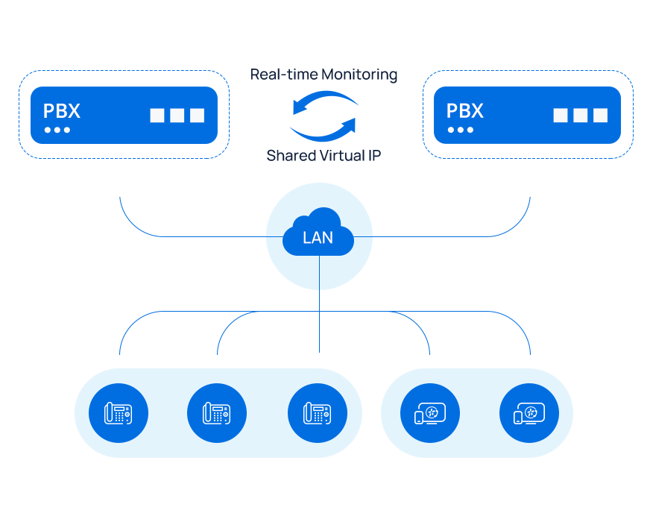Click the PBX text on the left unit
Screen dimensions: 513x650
[61, 111]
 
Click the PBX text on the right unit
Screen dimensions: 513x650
[464, 111]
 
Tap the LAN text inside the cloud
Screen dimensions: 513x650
[318, 239]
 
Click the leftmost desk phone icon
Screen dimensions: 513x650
[119, 413]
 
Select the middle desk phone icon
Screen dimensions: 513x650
[217, 413]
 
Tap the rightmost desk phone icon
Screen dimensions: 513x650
[318, 413]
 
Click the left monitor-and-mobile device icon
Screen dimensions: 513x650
[430, 413]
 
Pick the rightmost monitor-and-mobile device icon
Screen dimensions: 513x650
[529, 413]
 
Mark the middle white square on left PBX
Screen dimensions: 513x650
[177, 116]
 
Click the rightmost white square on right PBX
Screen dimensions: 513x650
[600, 116]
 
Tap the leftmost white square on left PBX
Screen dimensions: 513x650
[157, 116]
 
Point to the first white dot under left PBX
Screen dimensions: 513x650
[48, 130]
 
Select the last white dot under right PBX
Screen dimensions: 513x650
[470, 130]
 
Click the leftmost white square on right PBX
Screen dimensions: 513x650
[561, 116]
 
